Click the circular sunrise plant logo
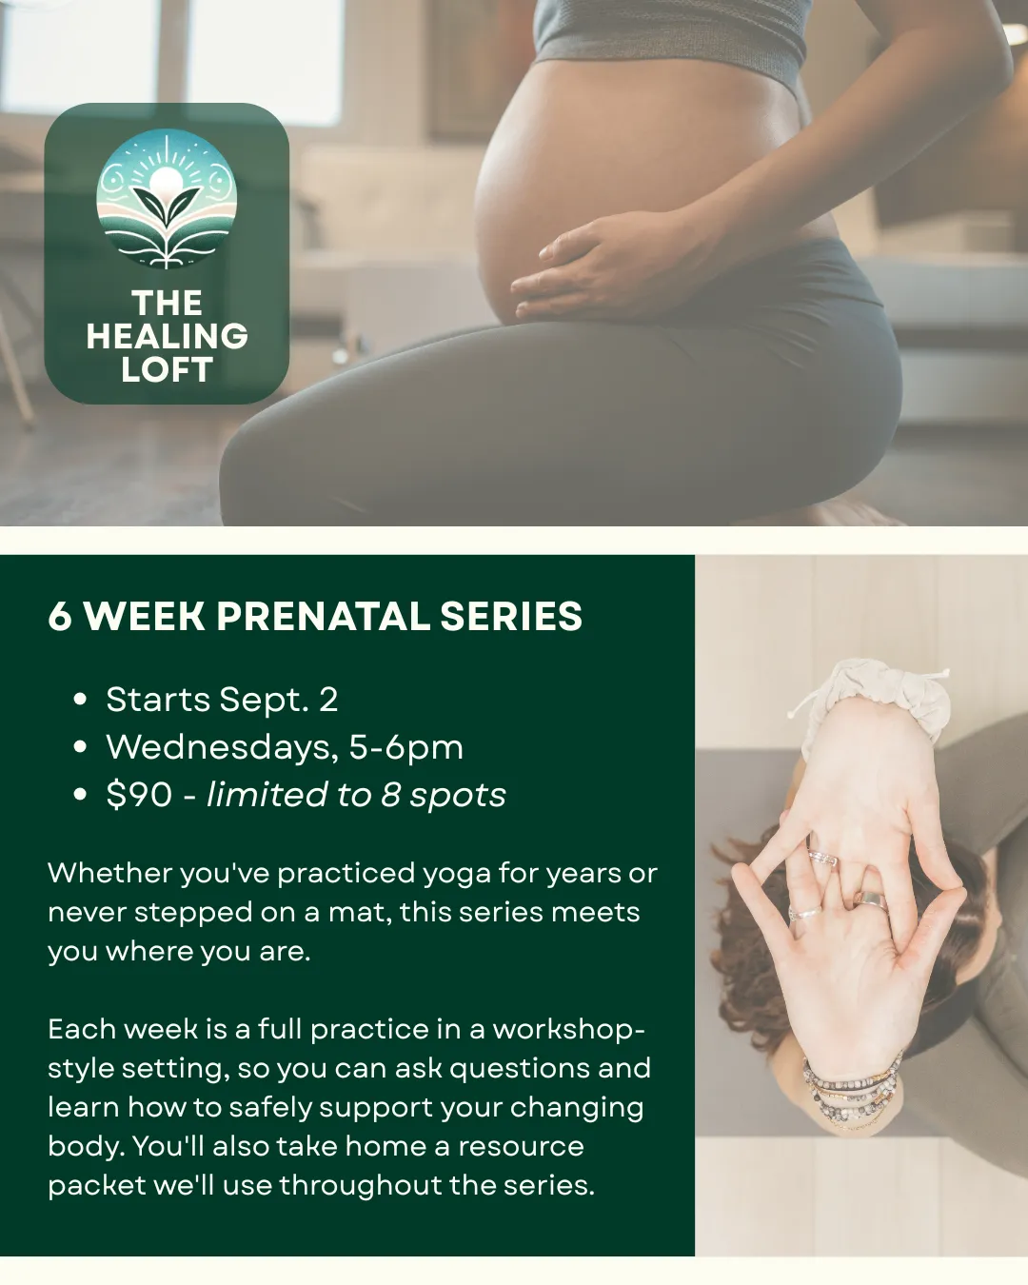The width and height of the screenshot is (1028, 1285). pyautogui.click(x=167, y=198)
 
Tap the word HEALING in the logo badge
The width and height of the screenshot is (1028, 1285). pyautogui.click(x=167, y=336)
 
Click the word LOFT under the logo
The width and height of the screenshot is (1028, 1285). pyautogui.click(x=167, y=369)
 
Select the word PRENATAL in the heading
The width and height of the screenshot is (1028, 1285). pyautogui.click(x=324, y=616)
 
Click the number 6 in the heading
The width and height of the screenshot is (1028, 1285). pyautogui.click(x=60, y=616)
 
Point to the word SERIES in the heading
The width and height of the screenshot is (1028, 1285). pyautogui.click(x=511, y=616)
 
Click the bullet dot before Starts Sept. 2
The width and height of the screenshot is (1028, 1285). pyautogui.click(x=79, y=700)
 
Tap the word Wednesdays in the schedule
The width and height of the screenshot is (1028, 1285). pyautogui.click(x=223, y=747)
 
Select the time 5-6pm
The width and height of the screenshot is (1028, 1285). pyautogui.click(x=406, y=748)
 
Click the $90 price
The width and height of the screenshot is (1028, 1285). pyautogui.click(x=139, y=795)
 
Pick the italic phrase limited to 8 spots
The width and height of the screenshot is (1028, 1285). pyautogui.click(x=356, y=796)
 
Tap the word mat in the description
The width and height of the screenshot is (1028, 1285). pyautogui.click(x=360, y=913)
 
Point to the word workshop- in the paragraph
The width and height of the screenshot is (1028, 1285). pyautogui.click(x=568, y=1030)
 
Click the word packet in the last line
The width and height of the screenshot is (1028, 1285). pyautogui.click(x=97, y=1186)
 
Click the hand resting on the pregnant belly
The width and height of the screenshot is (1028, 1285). pyautogui.click(x=603, y=268)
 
